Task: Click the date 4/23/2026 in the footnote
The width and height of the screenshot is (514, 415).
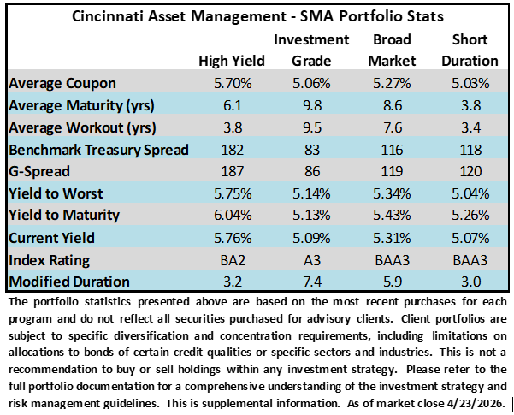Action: [x=476, y=401]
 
